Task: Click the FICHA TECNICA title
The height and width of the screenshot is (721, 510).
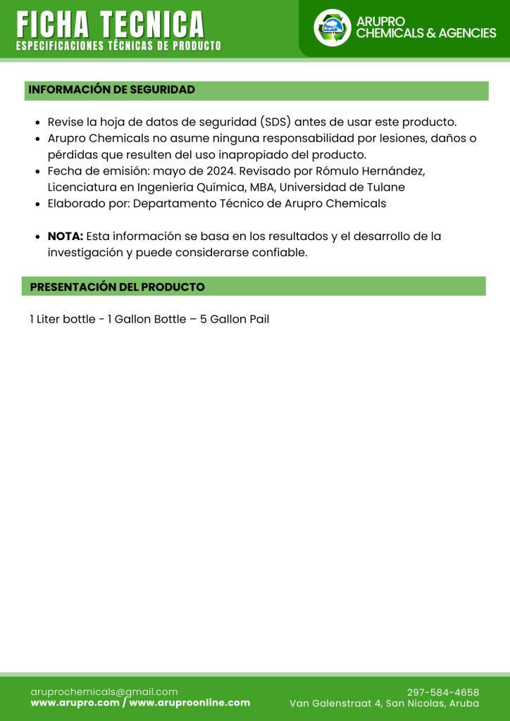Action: tap(111, 24)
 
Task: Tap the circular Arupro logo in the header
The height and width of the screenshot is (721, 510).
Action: tap(332, 28)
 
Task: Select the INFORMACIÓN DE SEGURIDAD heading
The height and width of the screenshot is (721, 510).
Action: tap(111, 90)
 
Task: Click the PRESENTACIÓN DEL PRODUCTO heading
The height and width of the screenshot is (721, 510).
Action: tap(117, 287)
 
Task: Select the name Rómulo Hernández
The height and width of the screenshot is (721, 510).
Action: tap(366, 171)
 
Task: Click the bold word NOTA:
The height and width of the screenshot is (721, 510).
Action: tap(66, 237)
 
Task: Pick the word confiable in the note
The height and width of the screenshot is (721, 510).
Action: tap(282, 253)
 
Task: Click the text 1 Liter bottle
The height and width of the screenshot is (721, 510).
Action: tap(62, 320)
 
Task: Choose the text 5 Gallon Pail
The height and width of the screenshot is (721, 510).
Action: tap(235, 320)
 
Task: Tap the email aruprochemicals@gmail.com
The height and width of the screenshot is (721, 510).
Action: tap(104, 692)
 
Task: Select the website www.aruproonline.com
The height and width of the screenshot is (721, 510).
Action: tap(189, 703)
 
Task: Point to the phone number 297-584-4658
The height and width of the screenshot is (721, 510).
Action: tap(443, 692)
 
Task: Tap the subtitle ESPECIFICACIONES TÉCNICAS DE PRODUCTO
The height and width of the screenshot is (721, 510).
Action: tap(118, 46)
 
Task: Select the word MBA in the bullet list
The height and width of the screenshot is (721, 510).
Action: tap(263, 187)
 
